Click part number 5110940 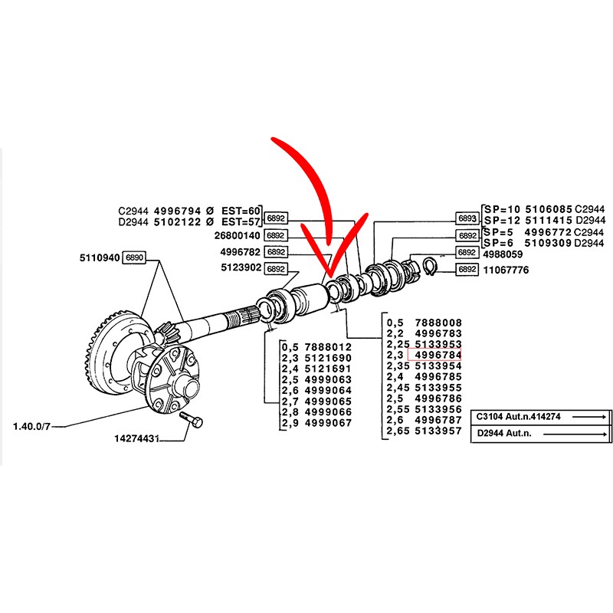point(100,258)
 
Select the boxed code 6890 point(134,257)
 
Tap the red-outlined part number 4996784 point(434,355)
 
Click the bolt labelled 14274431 point(191,419)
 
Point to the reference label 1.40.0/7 point(31,426)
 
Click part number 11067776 point(506,270)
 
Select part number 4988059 point(503,254)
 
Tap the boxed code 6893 point(467,218)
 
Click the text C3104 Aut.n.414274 point(519,417)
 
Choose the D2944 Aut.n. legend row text point(504,433)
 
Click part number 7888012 point(328,347)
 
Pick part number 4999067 point(328,423)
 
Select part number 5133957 point(438,431)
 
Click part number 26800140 point(238,236)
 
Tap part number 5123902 point(241,267)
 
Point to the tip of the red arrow point(329,277)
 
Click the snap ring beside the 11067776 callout point(431,266)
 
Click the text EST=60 point(241,211)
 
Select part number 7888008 point(438,323)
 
